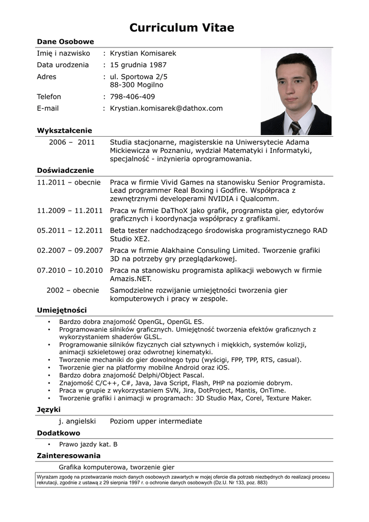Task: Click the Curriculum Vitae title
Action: [181, 28]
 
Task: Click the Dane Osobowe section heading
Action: [65, 41]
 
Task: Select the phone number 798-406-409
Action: [133, 96]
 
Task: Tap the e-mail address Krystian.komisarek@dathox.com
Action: [166, 108]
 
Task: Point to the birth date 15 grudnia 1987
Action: [138, 65]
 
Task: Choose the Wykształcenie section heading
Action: [64, 130]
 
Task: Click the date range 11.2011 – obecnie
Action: [69, 182]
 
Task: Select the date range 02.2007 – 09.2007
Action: [70, 250]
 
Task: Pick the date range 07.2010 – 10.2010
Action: [70, 270]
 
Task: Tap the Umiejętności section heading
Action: [62, 310]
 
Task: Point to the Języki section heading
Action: [48, 409]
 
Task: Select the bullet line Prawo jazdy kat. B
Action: [88, 444]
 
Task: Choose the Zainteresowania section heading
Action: [68, 456]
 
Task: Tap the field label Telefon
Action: [49, 96]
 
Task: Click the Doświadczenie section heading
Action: [65, 170]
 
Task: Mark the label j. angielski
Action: [77, 421]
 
